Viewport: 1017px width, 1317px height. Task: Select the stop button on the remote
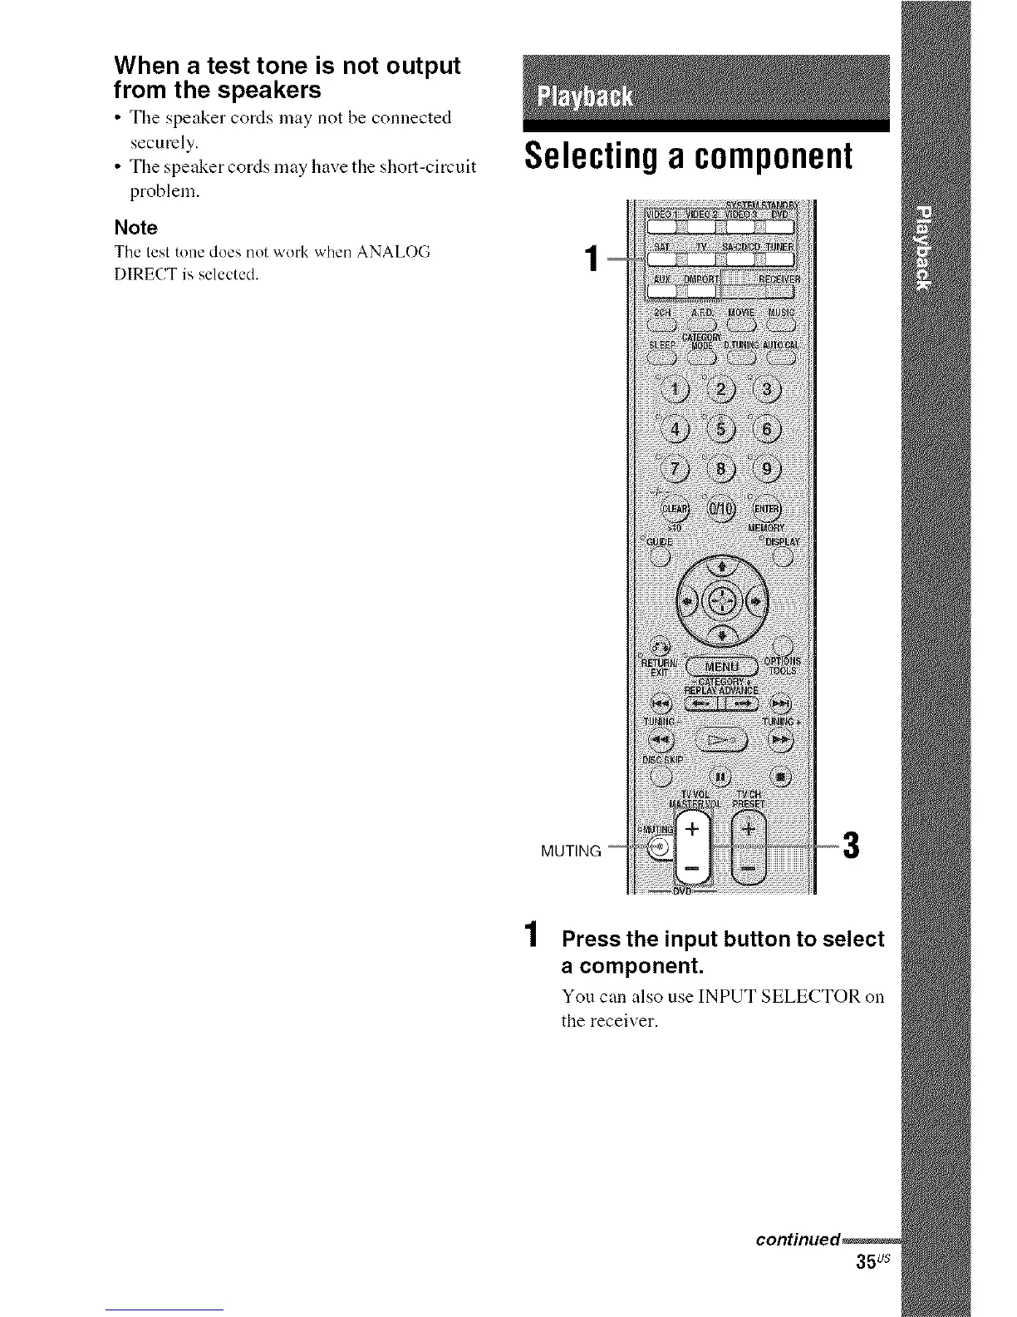[x=780, y=777]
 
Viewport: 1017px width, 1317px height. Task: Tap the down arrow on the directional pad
[x=721, y=636]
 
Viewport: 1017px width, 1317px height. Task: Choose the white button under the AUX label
[x=662, y=289]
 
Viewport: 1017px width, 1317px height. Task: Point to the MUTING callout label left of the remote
[x=570, y=851]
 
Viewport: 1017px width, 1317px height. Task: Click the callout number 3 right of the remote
[x=849, y=847]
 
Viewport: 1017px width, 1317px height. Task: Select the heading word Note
[x=135, y=228]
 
